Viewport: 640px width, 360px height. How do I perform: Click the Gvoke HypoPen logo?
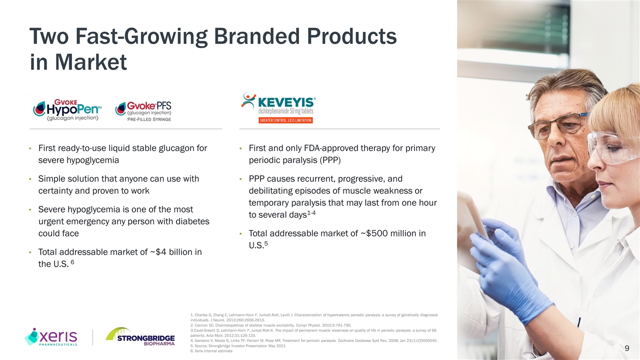click(67, 110)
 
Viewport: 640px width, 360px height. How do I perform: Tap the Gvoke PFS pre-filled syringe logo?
click(143, 111)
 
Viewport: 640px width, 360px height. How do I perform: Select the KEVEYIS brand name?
click(286, 102)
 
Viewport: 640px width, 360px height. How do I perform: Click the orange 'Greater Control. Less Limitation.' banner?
click(285, 120)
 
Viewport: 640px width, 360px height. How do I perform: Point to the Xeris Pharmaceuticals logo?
click(51, 336)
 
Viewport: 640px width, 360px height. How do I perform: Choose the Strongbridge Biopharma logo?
click(140, 336)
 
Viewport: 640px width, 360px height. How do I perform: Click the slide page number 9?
click(627, 348)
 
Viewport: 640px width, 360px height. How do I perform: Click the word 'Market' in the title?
click(91, 62)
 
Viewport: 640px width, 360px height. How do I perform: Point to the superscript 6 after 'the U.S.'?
click(72, 261)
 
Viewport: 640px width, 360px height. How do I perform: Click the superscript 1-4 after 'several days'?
click(311, 213)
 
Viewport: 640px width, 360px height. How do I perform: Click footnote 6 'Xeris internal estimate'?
click(211, 351)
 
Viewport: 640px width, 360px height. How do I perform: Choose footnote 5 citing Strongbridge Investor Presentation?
click(238, 345)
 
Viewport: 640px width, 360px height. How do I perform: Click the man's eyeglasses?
click(557, 125)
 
